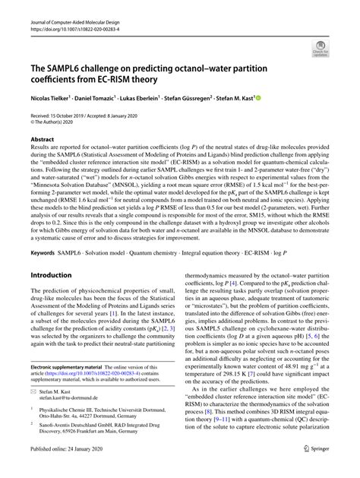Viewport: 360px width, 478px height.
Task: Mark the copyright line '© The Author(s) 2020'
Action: click(x=55, y=121)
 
